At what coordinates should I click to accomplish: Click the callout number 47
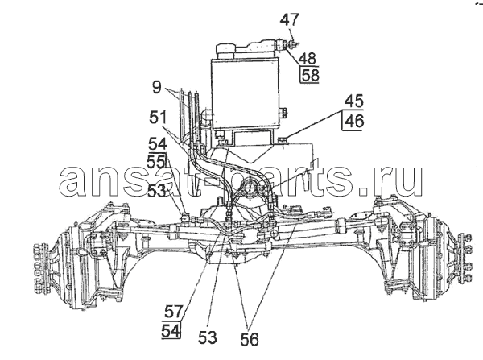coord(290,19)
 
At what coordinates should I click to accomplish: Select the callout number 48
coord(308,58)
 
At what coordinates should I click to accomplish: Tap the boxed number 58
coord(310,75)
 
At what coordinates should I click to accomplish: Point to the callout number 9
coord(156,87)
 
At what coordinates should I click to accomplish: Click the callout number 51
coord(158,118)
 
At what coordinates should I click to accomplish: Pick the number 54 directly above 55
coord(157,144)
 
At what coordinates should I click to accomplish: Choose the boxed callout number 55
coord(157,161)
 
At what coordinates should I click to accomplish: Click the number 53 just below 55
coord(156,192)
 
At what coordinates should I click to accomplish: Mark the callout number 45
coord(354,101)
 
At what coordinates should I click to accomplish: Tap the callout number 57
coord(174,312)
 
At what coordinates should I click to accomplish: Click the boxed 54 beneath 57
coord(171,331)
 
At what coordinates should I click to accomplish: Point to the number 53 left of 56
coord(208,337)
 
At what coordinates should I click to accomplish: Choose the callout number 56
coord(250,340)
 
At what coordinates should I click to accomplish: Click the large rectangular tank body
coord(246,93)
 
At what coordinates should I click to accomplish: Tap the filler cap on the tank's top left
coord(225,51)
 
